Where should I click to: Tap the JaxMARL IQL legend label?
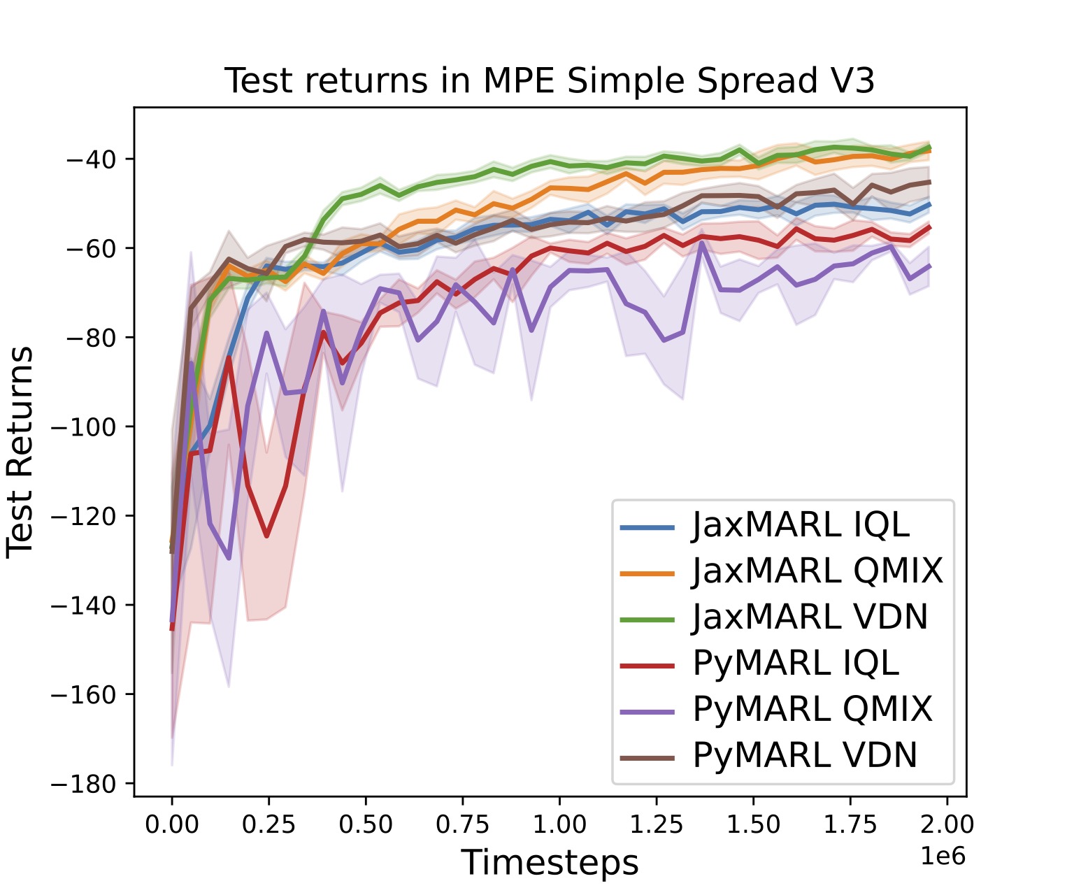click(x=801, y=526)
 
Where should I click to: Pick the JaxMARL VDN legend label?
click(x=810, y=617)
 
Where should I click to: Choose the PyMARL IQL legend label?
click(x=796, y=664)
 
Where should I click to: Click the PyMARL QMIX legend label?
click(x=812, y=710)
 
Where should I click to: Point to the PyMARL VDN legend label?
click(x=805, y=756)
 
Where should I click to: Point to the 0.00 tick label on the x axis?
click(x=172, y=825)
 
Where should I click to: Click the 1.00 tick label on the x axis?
click(x=559, y=825)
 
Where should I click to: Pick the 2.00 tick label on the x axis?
click(x=947, y=825)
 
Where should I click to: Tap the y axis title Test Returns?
click(x=20, y=452)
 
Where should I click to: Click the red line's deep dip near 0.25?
click(x=267, y=536)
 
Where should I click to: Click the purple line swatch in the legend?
click(x=647, y=713)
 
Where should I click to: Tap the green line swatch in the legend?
click(x=647, y=620)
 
